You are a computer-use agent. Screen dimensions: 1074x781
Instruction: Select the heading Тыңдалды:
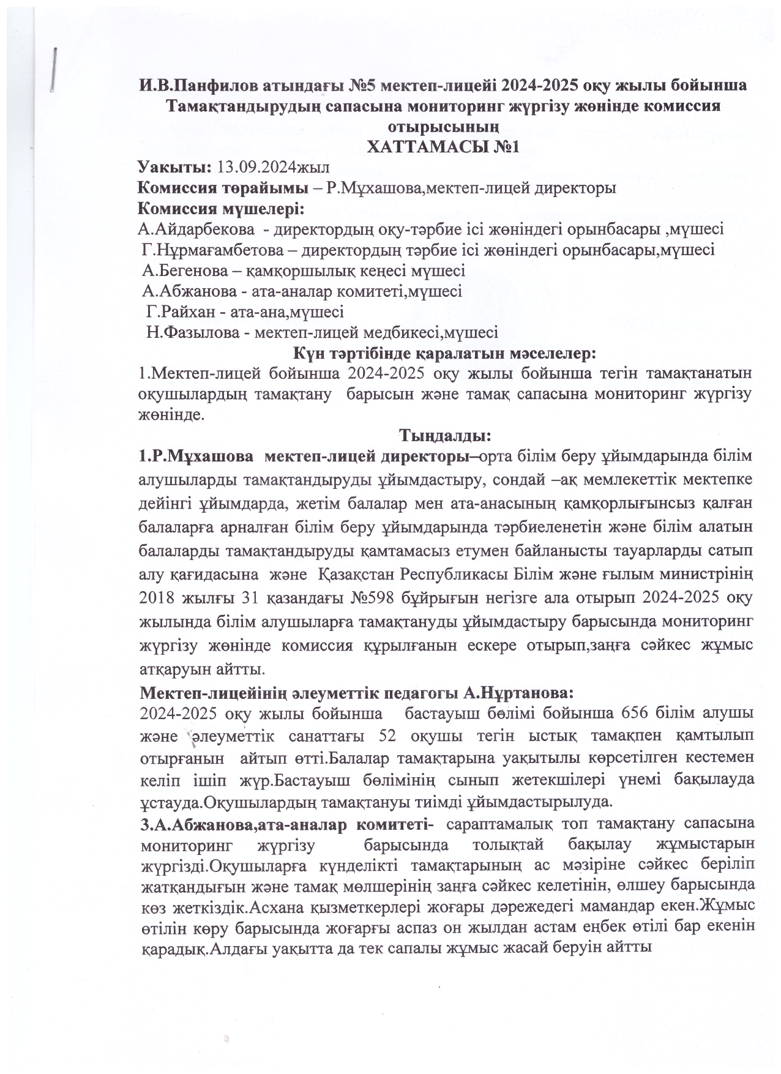click(x=444, y=436)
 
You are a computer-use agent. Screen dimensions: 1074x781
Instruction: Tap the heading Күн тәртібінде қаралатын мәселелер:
click(x=444, y=353)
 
